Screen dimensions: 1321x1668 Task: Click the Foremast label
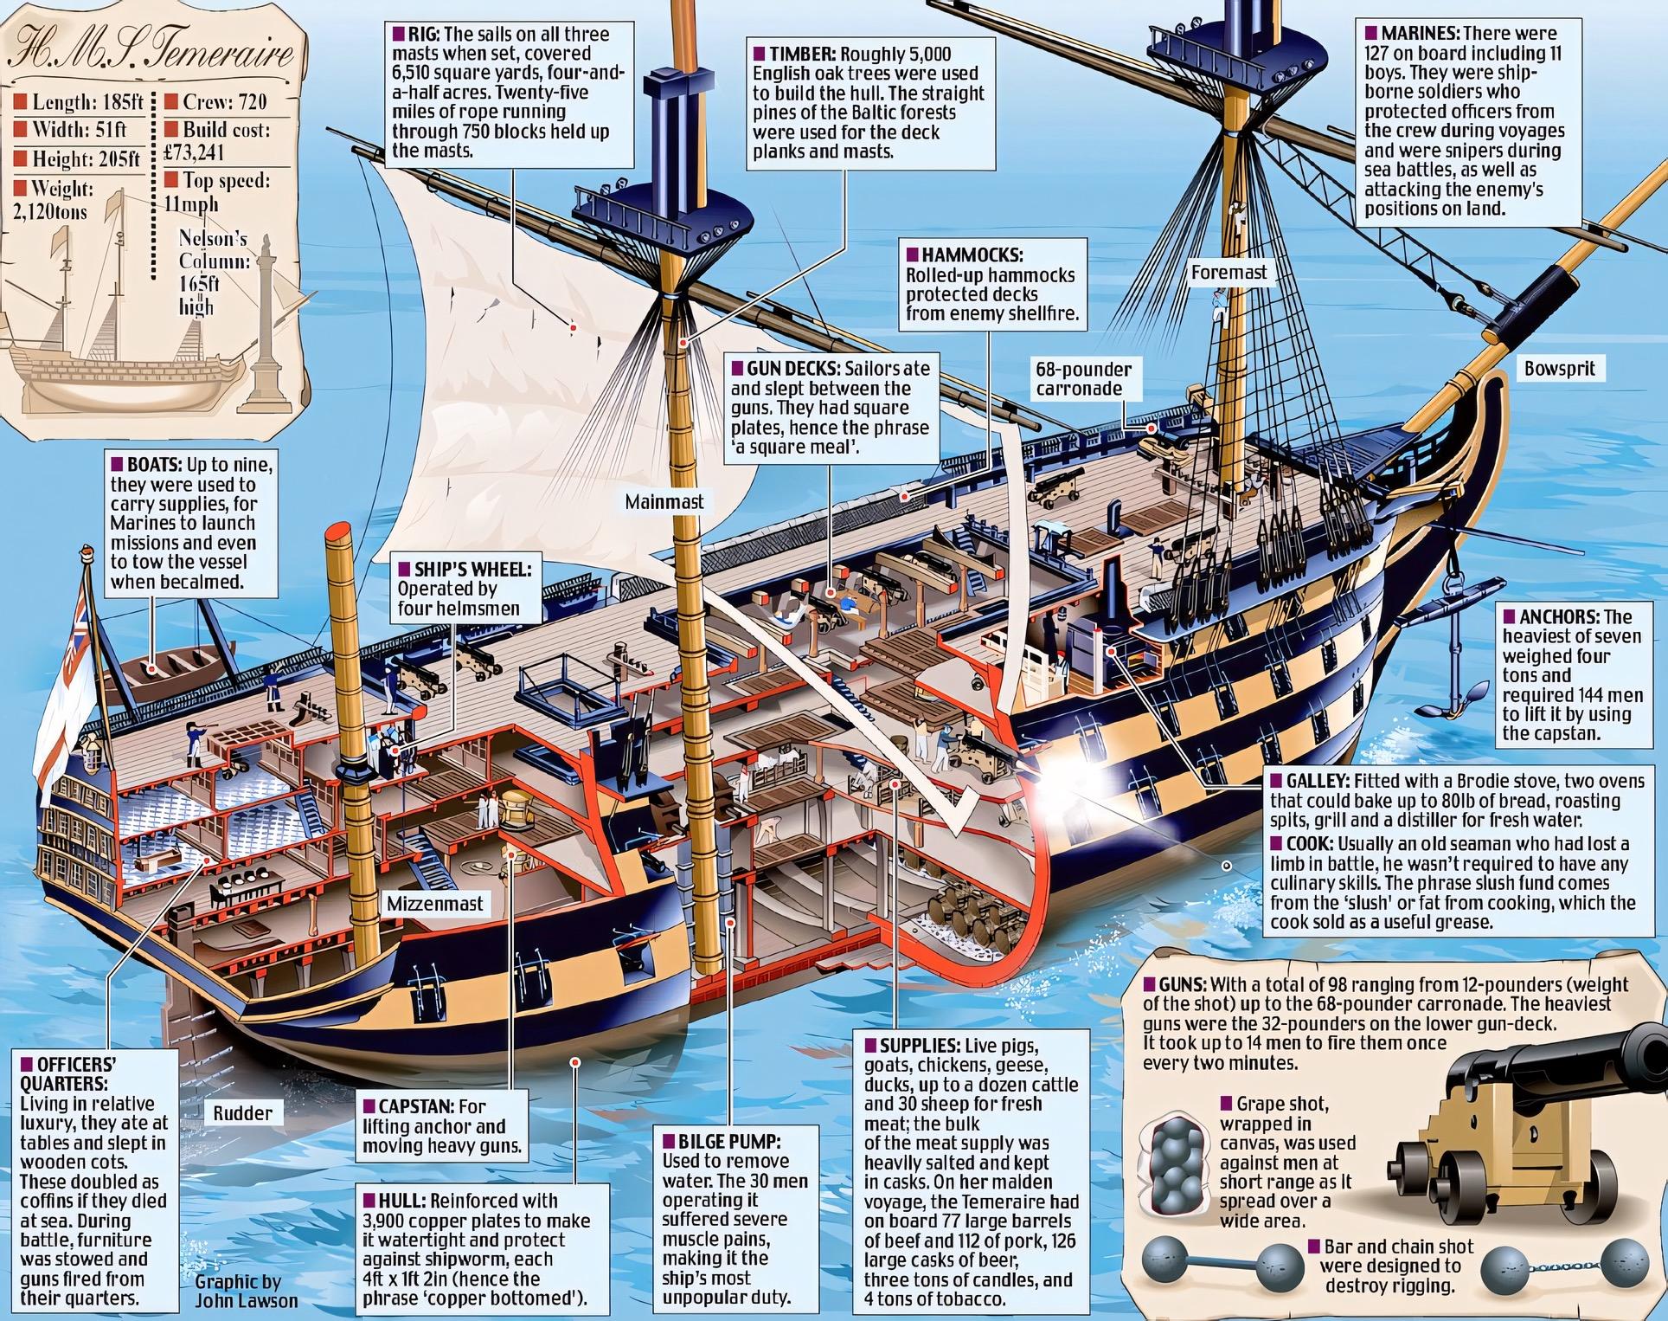[1229, 272]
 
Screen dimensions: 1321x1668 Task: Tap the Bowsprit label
[1559, 368]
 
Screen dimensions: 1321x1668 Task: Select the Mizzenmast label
[435, 904]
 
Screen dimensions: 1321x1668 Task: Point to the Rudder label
[242, 1113]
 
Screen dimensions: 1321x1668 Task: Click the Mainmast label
[664, 501]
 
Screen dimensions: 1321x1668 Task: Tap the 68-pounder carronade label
[1083, 378]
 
